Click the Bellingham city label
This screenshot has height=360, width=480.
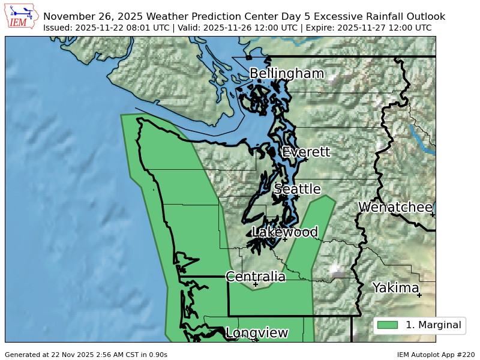pyautogui.click(x=286, y=74)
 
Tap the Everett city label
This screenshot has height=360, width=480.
pyautogui.click(x=306, y=152)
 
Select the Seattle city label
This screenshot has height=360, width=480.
pyautogui.click(x=298, y=190)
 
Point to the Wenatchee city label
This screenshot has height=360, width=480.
pyautogui.click(x=395, y=208)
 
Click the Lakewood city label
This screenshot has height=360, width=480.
pyautogui.click(x=285, y=232)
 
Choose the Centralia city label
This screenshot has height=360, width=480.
pyautogui.click(x=256, y=277)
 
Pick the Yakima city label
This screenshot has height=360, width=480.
pyautogui.click(x=395, y=288)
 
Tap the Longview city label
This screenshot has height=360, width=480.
pyautogui.click(x=257, y=333)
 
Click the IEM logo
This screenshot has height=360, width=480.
pyautogui.click(x=22, y=16)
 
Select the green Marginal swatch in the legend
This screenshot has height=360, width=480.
pyautogui.click(x=388, y=325)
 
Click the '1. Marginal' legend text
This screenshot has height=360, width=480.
pyautogui.click(x=433, y=325)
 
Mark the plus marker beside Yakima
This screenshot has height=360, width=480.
pyautogui.click(x=419, y=295)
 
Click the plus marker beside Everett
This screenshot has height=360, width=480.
pyautogui.click(x=306, y=160)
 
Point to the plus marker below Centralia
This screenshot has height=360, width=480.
pyautogui.click(x=256, y=284)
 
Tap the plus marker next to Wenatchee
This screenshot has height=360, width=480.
pyautogui.click(x=432, y=215)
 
